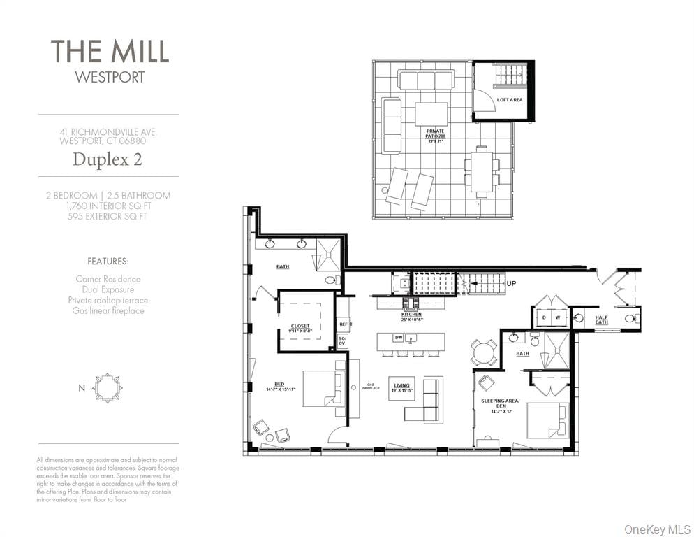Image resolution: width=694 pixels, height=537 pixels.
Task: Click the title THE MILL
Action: click(109, 52)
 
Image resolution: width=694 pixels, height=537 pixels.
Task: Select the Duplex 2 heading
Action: click(108, 159)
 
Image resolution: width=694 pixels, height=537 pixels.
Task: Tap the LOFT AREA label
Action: click(509, 100)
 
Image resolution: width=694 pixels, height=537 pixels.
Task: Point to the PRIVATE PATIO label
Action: click(436, 133)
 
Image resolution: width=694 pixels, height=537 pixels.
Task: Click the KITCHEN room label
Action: click(411, 316)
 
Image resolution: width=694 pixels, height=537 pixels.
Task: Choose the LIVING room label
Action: click(401, 385)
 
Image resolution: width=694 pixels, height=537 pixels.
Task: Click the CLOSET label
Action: click(300, 327)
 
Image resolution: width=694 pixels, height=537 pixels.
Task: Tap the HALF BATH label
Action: click(602, 319)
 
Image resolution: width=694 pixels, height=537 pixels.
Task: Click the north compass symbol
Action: click(108, 387)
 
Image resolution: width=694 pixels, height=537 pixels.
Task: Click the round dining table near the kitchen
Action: click(484, 352)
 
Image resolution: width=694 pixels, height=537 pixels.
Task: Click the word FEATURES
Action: click(108, 261)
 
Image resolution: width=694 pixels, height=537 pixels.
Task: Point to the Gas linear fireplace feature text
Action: click(108, 310)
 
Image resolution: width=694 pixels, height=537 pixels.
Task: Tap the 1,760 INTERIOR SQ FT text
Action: click(108, 206)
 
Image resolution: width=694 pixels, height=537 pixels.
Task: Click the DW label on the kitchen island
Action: click(397, 338)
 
